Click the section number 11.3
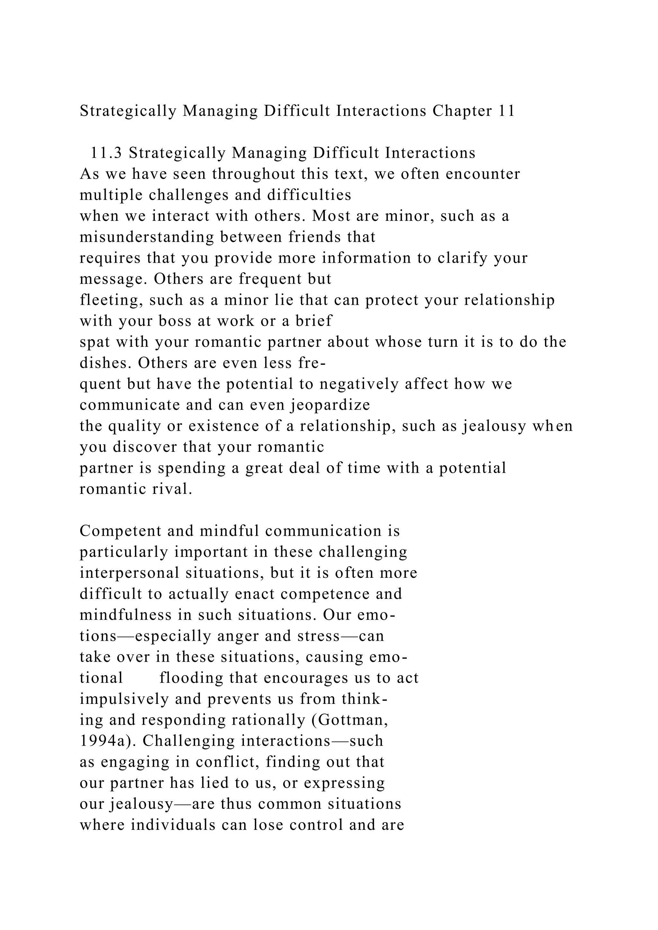point(106,153)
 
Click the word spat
point(95,342)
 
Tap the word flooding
point(191,678)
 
